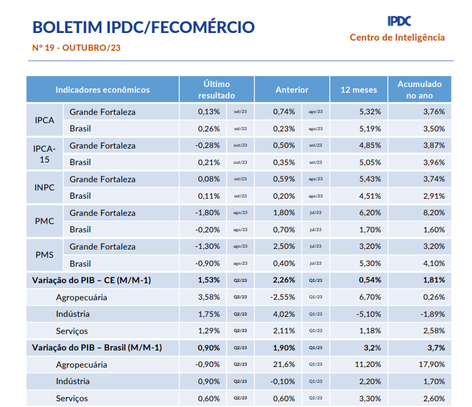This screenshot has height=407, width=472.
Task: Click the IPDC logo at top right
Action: [398, 22]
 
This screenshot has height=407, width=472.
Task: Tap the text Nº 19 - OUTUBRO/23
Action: [77, 48]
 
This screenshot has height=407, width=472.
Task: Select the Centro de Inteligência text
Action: [397, 37]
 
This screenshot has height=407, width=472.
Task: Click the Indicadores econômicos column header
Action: [103, 90]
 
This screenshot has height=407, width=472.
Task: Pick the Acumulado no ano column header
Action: [419, 90]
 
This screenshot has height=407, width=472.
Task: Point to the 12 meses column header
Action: [358, 90]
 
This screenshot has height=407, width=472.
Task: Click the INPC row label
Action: [44, 187]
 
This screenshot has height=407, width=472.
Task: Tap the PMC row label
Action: [44, 221]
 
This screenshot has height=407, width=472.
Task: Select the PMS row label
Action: [44, 255]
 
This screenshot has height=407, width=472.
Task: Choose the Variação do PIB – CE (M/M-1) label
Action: [96, 280]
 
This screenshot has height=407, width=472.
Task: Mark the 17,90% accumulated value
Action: [431, 364]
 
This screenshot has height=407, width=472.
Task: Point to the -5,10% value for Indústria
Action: [367, 314]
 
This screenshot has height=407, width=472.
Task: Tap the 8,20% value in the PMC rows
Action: [433, 213]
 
